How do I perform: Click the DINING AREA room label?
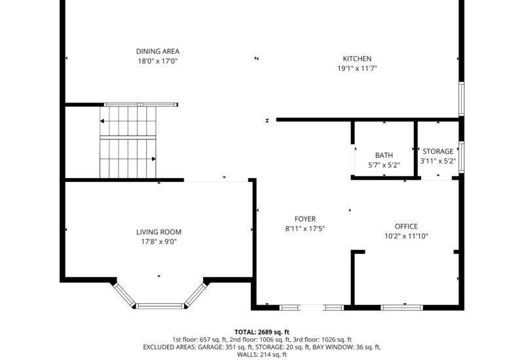(x=157, y=51)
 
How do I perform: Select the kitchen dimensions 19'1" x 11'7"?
(x=358, y=68)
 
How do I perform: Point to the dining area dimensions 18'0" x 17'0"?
(x=157, y=61)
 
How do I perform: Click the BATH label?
(x=384, y=155)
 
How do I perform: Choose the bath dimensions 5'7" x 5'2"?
(x=384, y=164)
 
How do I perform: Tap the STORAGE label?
(x=438, y=151)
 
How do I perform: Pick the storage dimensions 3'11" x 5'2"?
(x=437, y=160)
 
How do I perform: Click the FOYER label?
(x=305, y=219)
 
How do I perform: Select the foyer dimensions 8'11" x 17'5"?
(x=305, y=228)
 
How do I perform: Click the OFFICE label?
(x=405, y=226)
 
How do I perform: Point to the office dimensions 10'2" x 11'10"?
(x=406, y=236)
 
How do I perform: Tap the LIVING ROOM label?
(x=159, y=232)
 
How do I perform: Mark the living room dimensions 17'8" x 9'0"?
(x=159, y=242)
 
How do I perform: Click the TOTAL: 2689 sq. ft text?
(x=261, y=332)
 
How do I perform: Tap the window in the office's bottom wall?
(x=403, y=306)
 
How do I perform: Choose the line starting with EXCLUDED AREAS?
(x=261, y=347)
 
